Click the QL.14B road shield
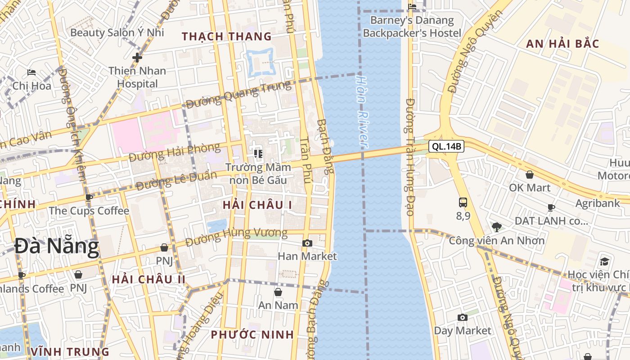[446, 146]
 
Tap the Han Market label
[307, 256]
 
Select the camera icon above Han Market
[307, 243]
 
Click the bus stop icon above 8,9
[463, 202]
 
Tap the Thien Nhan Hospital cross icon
[137, 58]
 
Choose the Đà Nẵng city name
[56, 247]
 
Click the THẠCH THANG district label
[227, 36]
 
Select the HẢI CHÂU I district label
[257, 205]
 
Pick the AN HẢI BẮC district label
[562, 44]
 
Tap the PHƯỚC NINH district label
[252, 335]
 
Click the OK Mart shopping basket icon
[530, 175]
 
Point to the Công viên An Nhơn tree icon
[497, 227]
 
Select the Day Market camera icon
[463, 318]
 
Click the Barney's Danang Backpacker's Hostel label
[412, 27]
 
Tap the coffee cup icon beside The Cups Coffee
[89, 198]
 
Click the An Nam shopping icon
[278, 292]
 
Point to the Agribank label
[598, 203]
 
